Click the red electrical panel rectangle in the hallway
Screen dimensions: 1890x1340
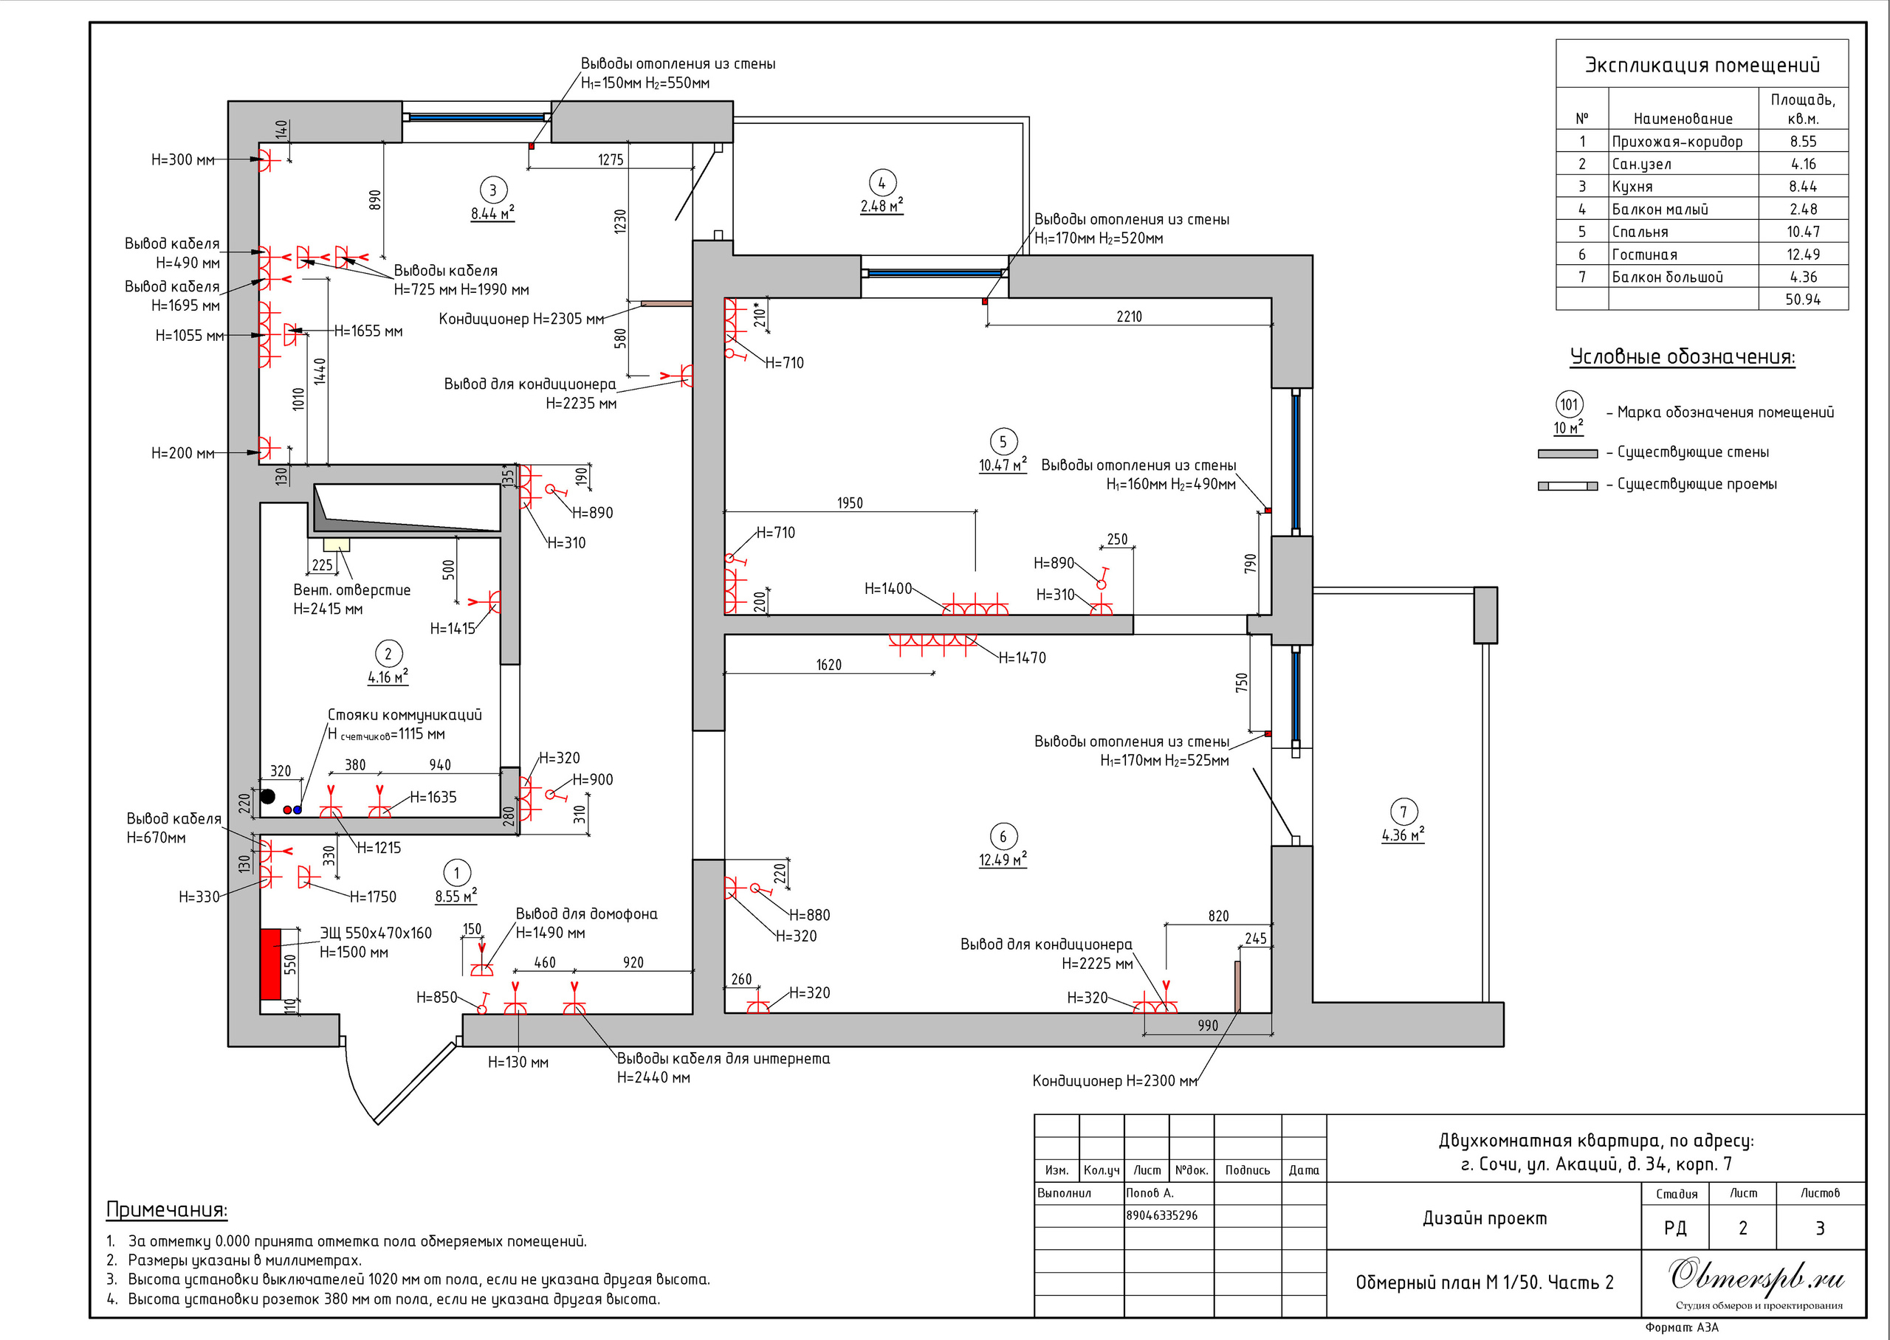(271, 964)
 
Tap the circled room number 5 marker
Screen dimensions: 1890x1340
(1003, 441)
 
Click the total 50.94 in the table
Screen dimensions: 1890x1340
(1803, 300)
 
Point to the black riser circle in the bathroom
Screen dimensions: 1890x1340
(267, 796)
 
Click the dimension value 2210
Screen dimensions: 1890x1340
(1129, 317)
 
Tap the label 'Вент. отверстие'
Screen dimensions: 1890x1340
(351, 590)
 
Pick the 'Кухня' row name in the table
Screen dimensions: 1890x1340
(1632, 187)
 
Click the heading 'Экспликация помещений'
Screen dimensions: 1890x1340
(1702, 65)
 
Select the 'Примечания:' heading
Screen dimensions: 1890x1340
(167, 1209)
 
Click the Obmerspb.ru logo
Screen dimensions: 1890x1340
(1757, 1276)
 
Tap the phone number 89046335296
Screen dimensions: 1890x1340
(1162, 1215)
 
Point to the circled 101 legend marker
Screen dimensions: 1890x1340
(1569, 404)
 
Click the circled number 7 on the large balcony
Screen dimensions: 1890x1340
(1403, 812)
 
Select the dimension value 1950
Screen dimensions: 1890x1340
(849, 503)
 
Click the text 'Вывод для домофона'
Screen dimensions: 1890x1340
(586, 914)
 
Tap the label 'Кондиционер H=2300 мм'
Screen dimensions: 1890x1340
(1114, 1081)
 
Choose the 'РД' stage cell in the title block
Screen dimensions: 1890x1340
(1674, 1228)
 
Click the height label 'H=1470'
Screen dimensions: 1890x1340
(1022, 657)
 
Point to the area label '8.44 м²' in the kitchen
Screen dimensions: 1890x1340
(492, 213)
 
